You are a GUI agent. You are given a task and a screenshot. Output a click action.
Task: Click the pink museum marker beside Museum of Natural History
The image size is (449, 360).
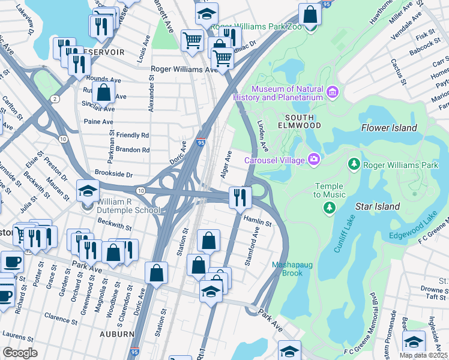pyautogui.click(x=333, y=92)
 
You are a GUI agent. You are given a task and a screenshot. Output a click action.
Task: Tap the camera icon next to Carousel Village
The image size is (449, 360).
pyautogui.click(x=313, y=159)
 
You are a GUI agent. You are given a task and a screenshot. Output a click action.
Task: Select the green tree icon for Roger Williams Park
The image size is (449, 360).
pyautogui.click(x=354, y=164)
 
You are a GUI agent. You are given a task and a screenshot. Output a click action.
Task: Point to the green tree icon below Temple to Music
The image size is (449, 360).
pyautogui.click(x=328, y=208)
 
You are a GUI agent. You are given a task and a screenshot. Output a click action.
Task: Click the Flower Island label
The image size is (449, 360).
pyautogui.click(x=389, y=128)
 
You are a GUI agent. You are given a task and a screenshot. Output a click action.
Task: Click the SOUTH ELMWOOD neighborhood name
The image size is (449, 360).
pyautogui.click(x=300, y=121)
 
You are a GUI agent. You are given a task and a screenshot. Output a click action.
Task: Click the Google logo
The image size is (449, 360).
pyautogui.click(x=20, y=352)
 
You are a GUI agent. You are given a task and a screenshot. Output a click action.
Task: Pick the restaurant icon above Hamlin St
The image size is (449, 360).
pyautogui.click(x=240, y=197)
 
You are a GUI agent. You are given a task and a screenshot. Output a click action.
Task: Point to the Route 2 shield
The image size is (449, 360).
pyautogui.click(x=55, y=98)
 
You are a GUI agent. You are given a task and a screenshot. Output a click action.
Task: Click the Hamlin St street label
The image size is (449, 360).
pyautogui.click(x=258, y=223)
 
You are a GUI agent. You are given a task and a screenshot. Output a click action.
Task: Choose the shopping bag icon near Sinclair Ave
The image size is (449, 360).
pyautogui.click(x=104, y=94)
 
